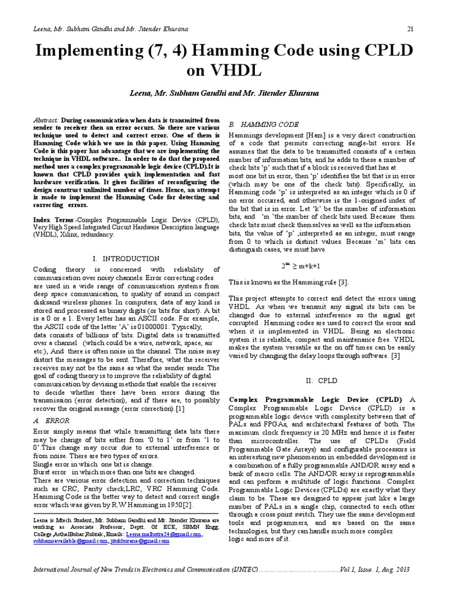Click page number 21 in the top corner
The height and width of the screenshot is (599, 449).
[x=410, y=30]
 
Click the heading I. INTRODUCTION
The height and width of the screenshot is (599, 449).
[x=126, y=258]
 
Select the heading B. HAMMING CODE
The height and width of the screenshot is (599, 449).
[x=263, y=125]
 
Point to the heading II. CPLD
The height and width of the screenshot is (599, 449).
[x=322, y=380]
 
